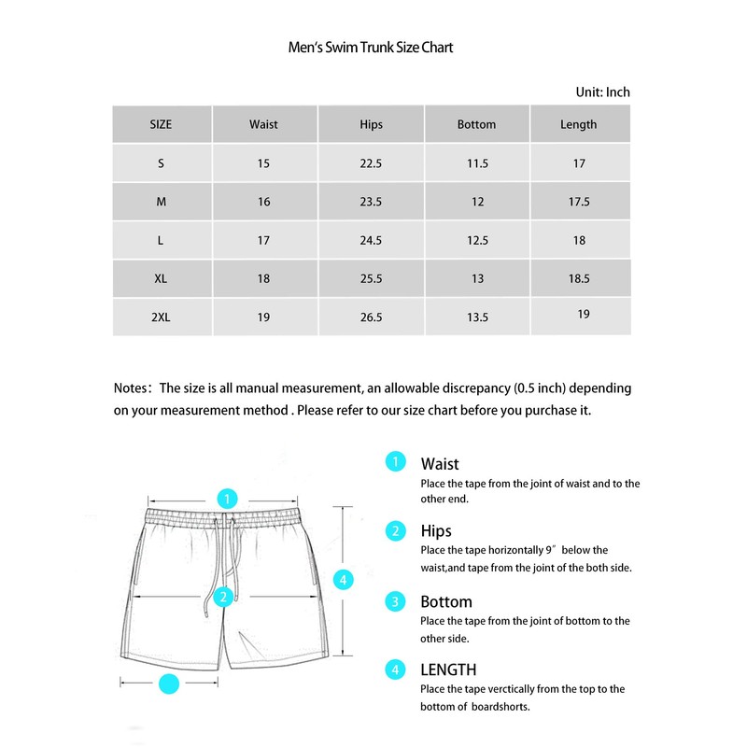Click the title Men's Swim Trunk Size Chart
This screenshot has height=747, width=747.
[371, 47]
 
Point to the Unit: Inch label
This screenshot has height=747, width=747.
[603, 92]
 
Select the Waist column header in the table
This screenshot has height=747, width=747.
[263, 124]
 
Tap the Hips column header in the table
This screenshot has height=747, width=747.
[371, 124]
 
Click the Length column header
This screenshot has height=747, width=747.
[578, 124]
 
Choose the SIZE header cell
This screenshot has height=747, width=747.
[161, 124]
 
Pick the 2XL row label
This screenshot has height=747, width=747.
[161, 317]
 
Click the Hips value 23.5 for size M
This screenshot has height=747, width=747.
[371, 202]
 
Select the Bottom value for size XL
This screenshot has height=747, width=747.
[476, 278]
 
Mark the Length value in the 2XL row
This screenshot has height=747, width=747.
[584, 315]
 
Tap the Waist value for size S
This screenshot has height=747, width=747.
[263, 163]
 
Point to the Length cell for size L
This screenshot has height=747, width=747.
[579, 240]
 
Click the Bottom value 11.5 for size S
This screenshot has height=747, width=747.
[477, 163]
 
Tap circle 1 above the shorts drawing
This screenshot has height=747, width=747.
[227, 498]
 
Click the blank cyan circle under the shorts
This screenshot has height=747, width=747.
[169, 684]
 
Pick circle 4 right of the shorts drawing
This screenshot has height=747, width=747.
[344, 580]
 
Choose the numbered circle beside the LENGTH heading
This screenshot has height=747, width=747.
[397, 669]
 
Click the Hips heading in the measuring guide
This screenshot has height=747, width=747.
[436, 531]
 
